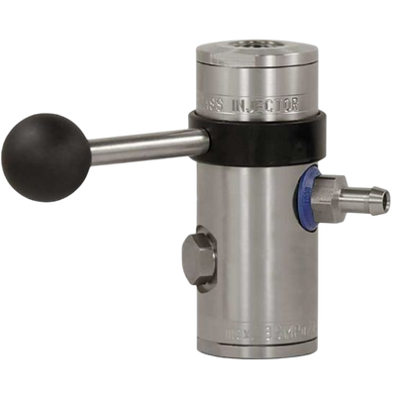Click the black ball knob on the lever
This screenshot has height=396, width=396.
(46, 157)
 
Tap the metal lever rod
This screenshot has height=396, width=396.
(139, 147)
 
